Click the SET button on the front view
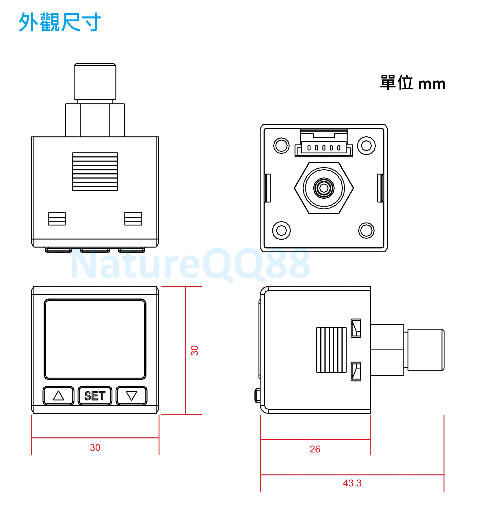(x=95, y=396)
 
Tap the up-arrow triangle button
(x=59, y=396)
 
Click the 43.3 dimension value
(x=352, y=483)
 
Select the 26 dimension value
(x=315, y=449)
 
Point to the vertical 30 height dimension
(x=194, y=350)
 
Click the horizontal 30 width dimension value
(x=95, y=447)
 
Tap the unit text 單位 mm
(x=413, y=83)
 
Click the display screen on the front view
(x=95, y=339)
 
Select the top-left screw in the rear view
(x=281, y=146)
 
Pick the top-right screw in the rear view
(x=367, y=146)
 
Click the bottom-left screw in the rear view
(x=281, y=230)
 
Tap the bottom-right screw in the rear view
(x=367, y=230)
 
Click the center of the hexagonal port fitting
(x=324, y=188)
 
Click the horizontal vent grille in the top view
(x=95, y=172)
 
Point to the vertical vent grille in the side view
(x=331, y=350)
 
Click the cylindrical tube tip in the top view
(x=95, y=82)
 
